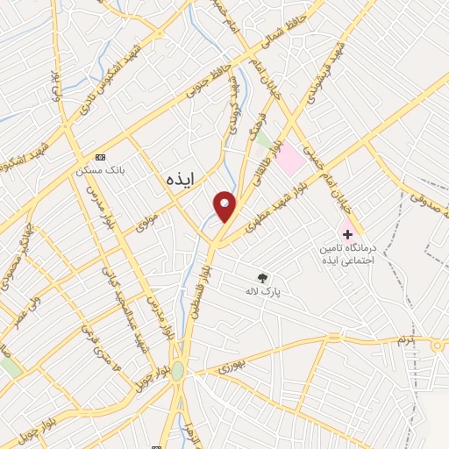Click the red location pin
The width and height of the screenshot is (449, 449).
pos(225,206)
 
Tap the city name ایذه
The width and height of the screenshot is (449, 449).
pos(182,176)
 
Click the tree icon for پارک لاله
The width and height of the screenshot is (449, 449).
pos(262,279)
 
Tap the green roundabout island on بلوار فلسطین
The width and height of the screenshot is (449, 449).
pos(178,371)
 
